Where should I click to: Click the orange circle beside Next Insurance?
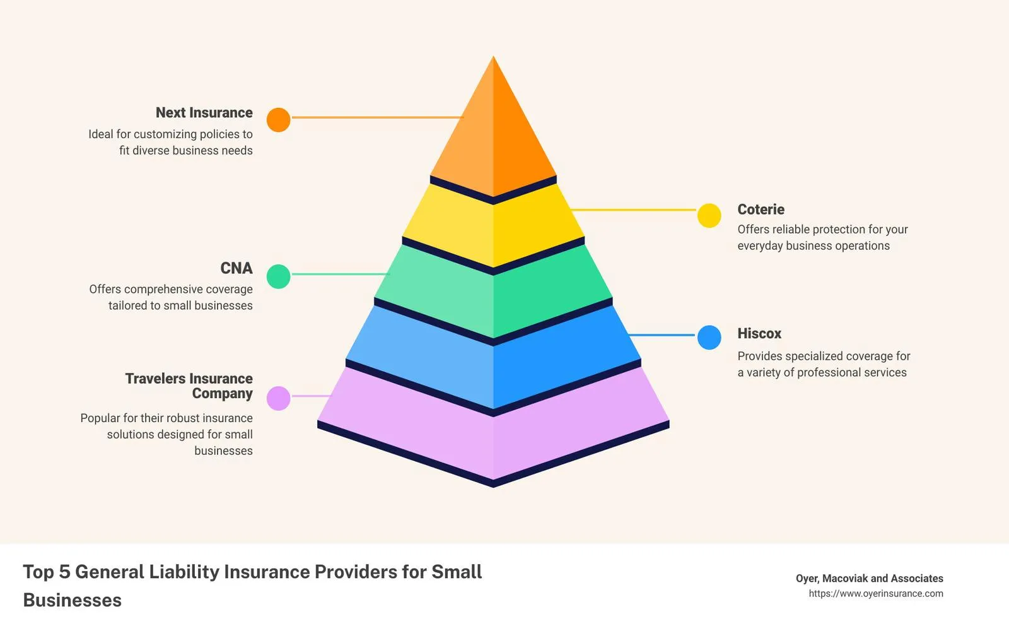tap(278, 120)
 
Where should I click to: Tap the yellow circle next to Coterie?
tap(709, 215)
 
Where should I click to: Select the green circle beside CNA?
tap(278, 276)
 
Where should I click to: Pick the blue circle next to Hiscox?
tap(709, 338)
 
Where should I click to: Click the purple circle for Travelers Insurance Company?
tap(278, 398)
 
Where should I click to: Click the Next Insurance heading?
tap(204, 113)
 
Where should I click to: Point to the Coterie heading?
tap(761, 209)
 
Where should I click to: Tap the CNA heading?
tap(236, 268)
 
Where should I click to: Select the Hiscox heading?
tap(759, 334)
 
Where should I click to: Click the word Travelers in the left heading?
tap(154, 379)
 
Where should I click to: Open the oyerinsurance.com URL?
tap(876, 594)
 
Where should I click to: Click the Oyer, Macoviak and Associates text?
tap(870, 578)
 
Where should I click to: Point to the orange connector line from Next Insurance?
tap(378, 117)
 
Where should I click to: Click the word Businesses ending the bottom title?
tap(72, 600)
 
